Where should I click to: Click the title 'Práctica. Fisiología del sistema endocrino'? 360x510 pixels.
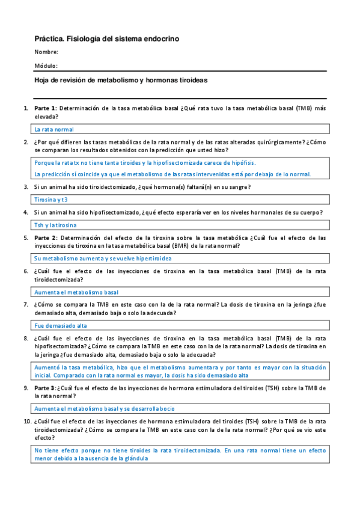(x=106, y=38)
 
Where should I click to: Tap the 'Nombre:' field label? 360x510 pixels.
(x=46, y=52)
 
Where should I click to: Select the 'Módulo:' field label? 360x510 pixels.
(x=46, y=66)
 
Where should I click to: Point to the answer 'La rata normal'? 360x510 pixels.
(x=54, y=129)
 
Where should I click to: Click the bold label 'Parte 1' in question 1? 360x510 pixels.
(x=45, y=108)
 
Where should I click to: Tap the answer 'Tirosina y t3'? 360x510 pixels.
(x=51, y=199)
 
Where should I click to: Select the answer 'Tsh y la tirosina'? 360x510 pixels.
(x=56, y=225)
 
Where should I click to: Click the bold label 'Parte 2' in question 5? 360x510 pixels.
(x=45, y=238)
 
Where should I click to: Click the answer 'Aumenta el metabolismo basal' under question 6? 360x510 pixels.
(x=76, y=292)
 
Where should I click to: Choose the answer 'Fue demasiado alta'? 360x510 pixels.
(x=61, y=325)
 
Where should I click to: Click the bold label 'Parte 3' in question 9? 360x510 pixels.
(x=45, y=388)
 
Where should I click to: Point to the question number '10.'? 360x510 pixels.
(x=27, y=422)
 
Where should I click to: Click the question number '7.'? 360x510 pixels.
(x=26, y=304)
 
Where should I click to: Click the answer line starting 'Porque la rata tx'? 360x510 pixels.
(x=145, y=163)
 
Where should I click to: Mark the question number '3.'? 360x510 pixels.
(x=26, y=187)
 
